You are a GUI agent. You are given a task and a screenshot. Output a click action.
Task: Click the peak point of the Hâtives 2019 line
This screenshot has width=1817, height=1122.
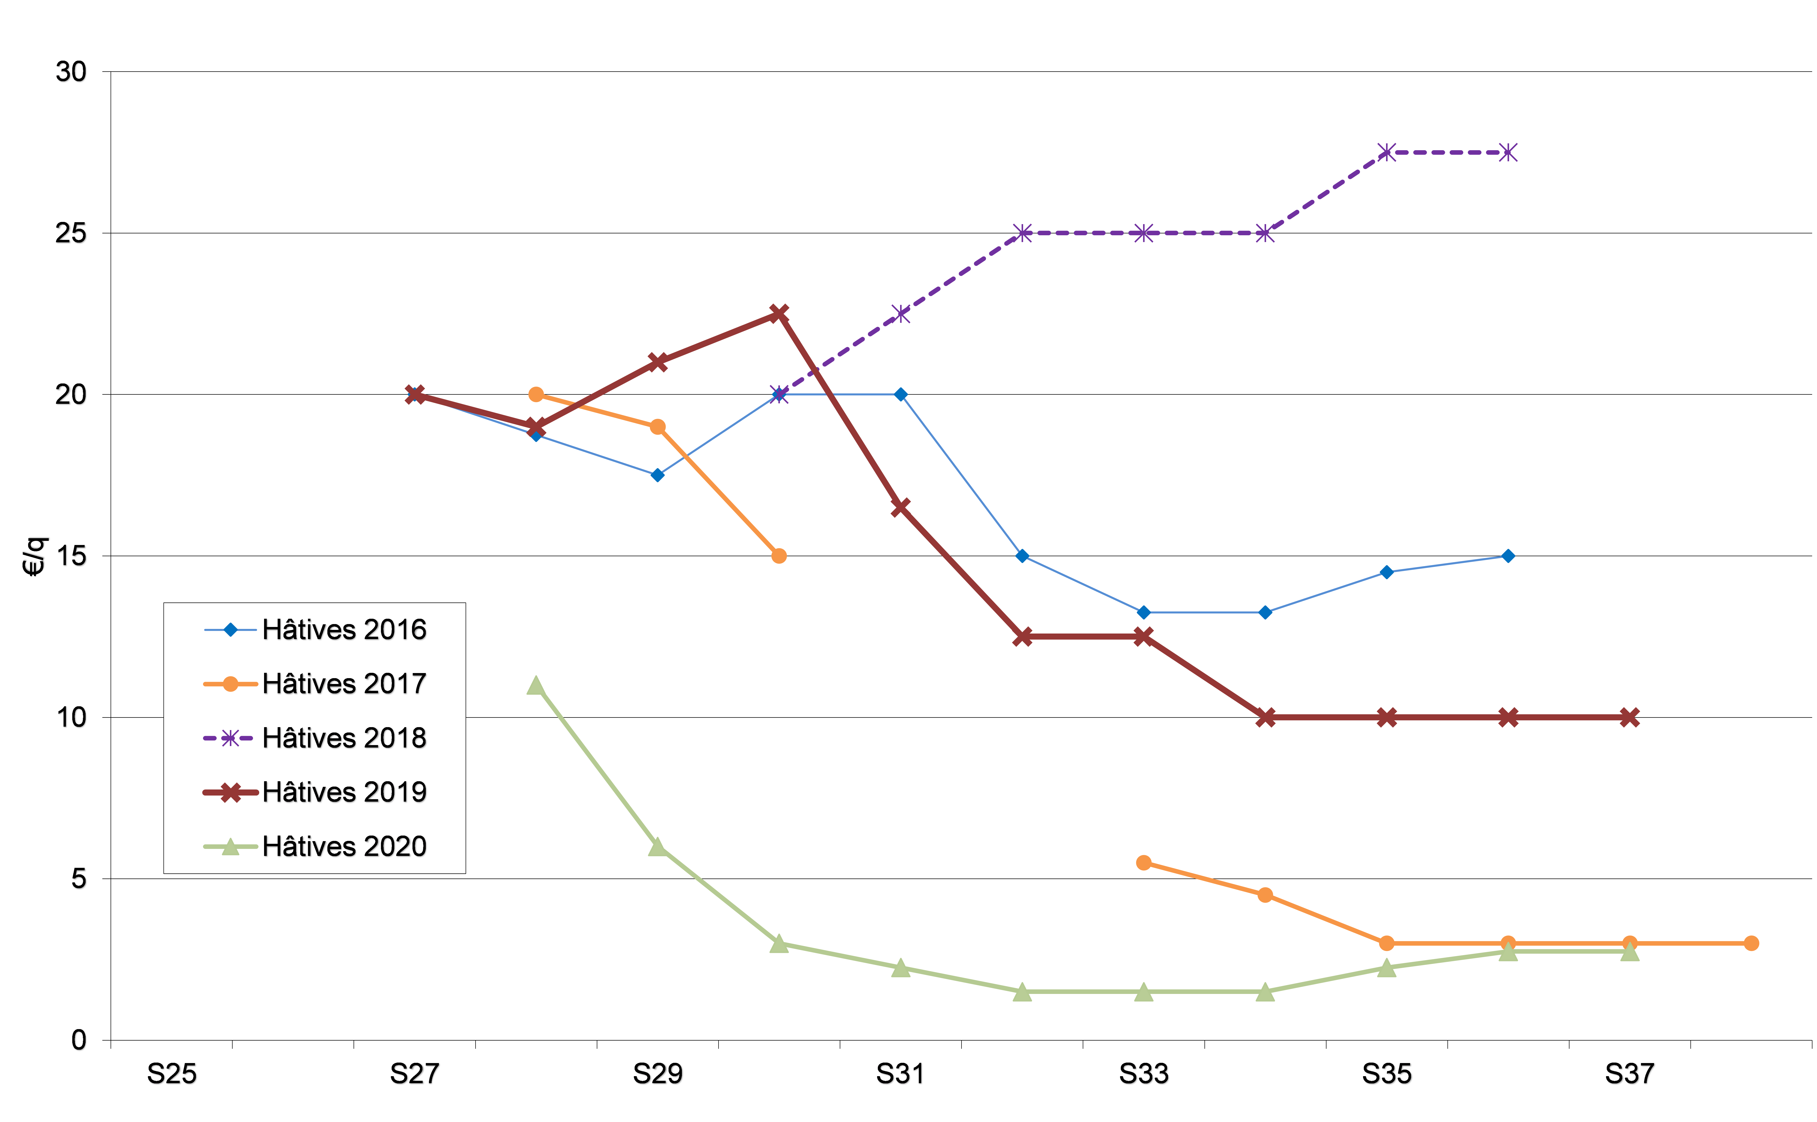778,313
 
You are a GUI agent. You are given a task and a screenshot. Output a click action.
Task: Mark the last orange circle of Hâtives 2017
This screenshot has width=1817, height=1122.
1751,943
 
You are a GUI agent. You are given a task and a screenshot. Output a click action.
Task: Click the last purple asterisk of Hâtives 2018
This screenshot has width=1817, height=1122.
1508,152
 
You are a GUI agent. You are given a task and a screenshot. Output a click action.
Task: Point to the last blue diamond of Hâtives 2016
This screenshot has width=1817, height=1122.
1508,556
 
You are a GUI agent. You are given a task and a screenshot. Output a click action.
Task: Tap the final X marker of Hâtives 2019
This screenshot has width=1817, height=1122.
1629,717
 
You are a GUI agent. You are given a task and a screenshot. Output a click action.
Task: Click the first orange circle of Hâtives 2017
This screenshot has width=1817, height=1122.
536,394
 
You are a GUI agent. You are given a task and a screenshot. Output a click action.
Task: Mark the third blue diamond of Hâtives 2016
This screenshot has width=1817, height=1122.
657,475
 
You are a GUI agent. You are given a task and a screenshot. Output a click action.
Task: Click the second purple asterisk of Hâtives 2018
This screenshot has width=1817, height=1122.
900,313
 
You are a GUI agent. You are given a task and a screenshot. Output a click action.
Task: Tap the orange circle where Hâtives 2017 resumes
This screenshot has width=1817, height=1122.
1143,862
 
